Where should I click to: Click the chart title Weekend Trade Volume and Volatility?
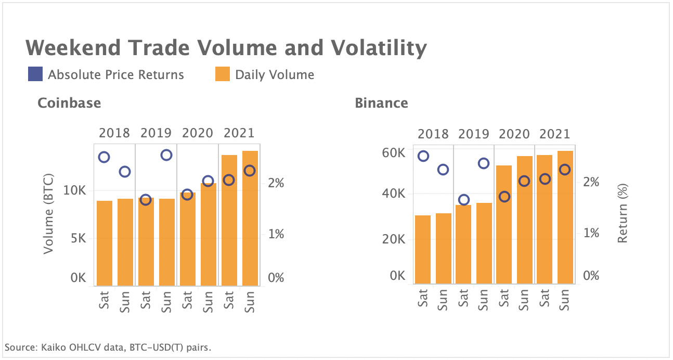[226, 48]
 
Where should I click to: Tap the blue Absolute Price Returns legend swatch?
[35, 74]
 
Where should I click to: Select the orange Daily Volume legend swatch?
[223, 74]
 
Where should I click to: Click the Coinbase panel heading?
[69, 103]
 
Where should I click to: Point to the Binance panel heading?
[381, 103]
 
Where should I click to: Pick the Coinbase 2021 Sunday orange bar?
[250, 218]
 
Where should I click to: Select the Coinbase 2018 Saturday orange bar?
[104, 243]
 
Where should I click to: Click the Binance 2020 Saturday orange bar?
[504, 225]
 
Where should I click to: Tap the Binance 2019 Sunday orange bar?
[484, 243]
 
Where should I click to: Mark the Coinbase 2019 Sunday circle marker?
[166, 155]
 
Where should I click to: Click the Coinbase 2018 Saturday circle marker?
[104, 157]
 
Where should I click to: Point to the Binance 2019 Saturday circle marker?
[464, 200]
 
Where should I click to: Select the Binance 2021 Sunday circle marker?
[565, 170]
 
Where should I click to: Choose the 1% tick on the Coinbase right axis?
[276, 234]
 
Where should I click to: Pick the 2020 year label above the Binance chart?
[514, 134]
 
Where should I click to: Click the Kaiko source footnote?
[108, 347]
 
